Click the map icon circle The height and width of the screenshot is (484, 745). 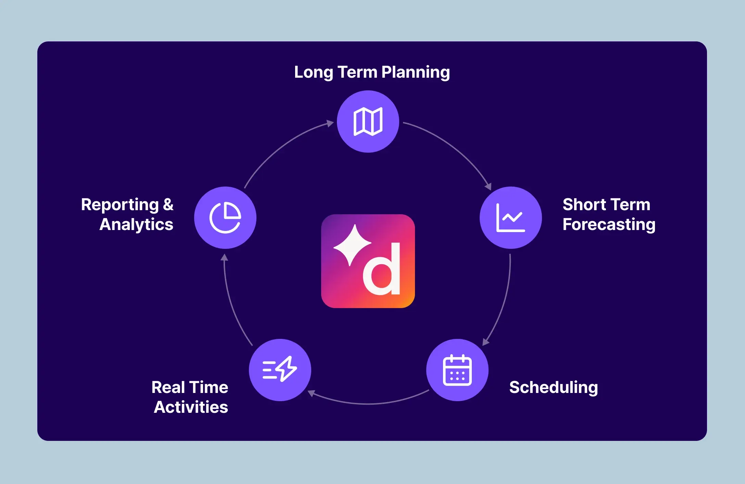point(368,122)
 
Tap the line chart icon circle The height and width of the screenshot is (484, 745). point(510,218)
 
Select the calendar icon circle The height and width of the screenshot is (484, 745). point(457,370)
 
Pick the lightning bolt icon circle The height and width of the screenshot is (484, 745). point(280,370)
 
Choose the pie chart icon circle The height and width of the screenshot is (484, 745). point(225,218)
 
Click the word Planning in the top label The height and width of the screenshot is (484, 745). point(415,72)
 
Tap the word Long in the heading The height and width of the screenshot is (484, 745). point(313,72)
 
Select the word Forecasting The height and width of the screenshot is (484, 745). point(609,225)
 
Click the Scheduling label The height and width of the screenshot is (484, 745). point(553,387)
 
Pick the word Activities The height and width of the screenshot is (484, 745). point(191,407)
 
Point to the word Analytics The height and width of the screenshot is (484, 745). point(136,225)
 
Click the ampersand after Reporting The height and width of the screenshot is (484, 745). point(168,204)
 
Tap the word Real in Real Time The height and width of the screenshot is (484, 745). point(168,387)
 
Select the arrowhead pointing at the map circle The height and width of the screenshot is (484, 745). point(330,123)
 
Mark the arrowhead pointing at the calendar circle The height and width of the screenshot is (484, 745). point(485,342)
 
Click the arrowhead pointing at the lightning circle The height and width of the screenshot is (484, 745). point(311,393)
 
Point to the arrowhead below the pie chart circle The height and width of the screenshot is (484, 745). point(224,257)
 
